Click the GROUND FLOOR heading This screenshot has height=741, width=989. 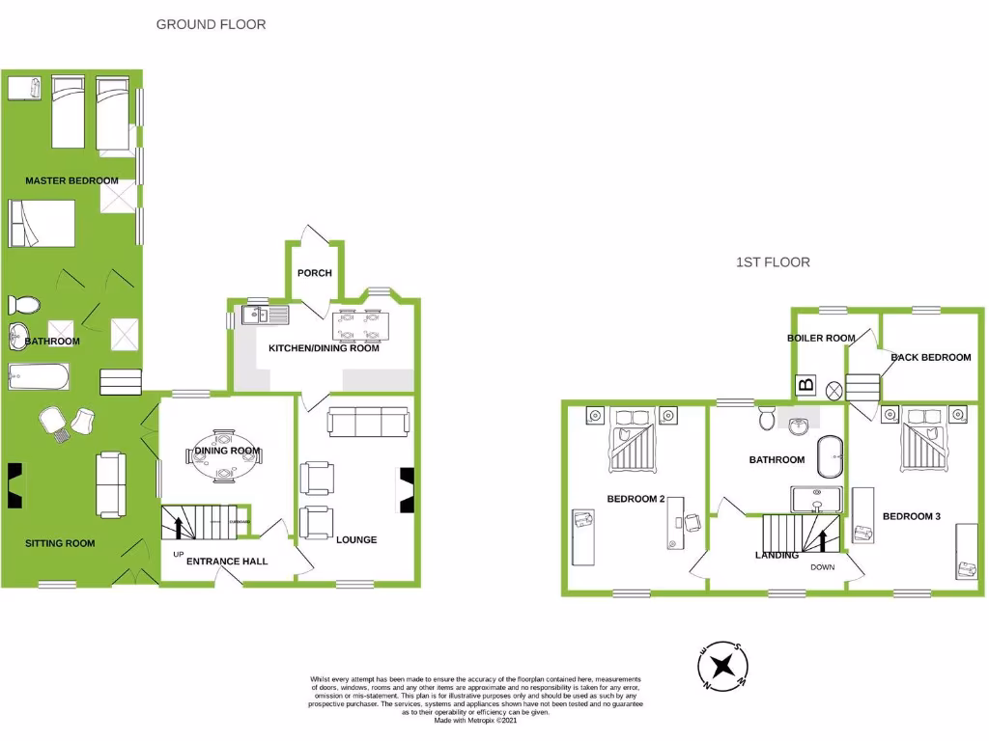[211, 24]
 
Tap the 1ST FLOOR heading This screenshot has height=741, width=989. [773, 262]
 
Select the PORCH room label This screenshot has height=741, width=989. [315, 273]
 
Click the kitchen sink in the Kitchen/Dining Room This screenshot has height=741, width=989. [263, 314]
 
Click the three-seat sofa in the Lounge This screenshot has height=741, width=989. [368, 421]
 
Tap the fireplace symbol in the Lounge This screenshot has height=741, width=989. [407, 488]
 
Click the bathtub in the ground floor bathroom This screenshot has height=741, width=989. [39, 375]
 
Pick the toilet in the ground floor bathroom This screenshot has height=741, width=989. [25, 305]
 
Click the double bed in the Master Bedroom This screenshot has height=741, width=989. [42, 224]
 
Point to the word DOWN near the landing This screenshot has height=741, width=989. [822, 567]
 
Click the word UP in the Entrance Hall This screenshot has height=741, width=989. [178, 555]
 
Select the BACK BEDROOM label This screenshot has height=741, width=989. [931, 358]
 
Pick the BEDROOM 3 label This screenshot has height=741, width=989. [912, 517]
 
